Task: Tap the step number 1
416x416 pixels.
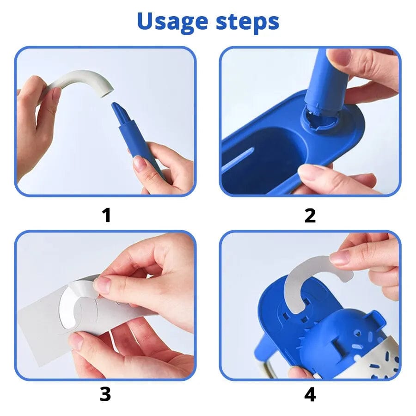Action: coord(106,215)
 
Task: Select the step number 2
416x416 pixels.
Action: coord(310,215)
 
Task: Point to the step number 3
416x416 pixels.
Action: coord(105,394)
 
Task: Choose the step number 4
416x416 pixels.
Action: coord(310,394)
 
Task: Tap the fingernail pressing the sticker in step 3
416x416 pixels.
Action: coord(103,285)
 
